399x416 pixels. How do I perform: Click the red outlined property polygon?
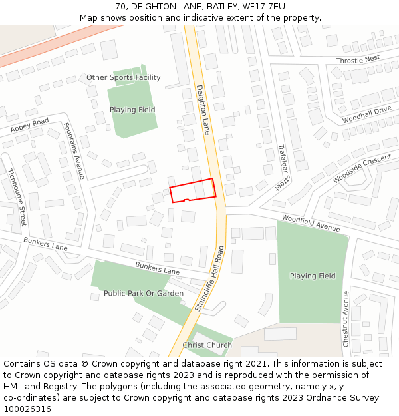coord(193,190)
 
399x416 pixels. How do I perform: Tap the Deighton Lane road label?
coord(203,110)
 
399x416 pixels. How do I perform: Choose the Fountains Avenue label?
coord(74,150)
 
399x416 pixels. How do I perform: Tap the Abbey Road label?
coord(30,125)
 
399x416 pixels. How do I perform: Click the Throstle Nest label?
coord(358,59)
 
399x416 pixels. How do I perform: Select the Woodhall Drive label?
coord(366,114)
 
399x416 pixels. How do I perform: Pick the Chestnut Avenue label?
coord(346,318)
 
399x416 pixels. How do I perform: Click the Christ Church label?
coord(207,345)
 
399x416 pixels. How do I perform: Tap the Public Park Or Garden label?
coord(143,293)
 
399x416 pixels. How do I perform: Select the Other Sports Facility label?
coord(124,78)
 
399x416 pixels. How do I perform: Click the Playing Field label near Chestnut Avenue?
coord(313,276)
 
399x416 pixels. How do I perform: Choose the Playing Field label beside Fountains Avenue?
coord(132,110)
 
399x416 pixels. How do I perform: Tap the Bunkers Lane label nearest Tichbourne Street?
coord(46,244)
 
